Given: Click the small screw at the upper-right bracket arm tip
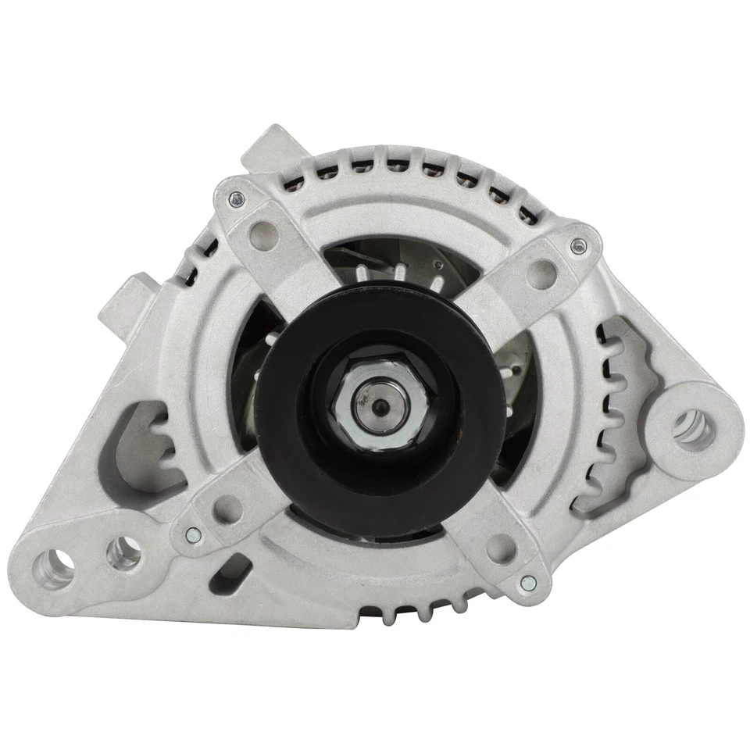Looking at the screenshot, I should (x=577, y=247).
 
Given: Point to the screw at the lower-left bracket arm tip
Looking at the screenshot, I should (x=192, y=534).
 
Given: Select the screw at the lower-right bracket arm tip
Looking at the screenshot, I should (x=527, y=582).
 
